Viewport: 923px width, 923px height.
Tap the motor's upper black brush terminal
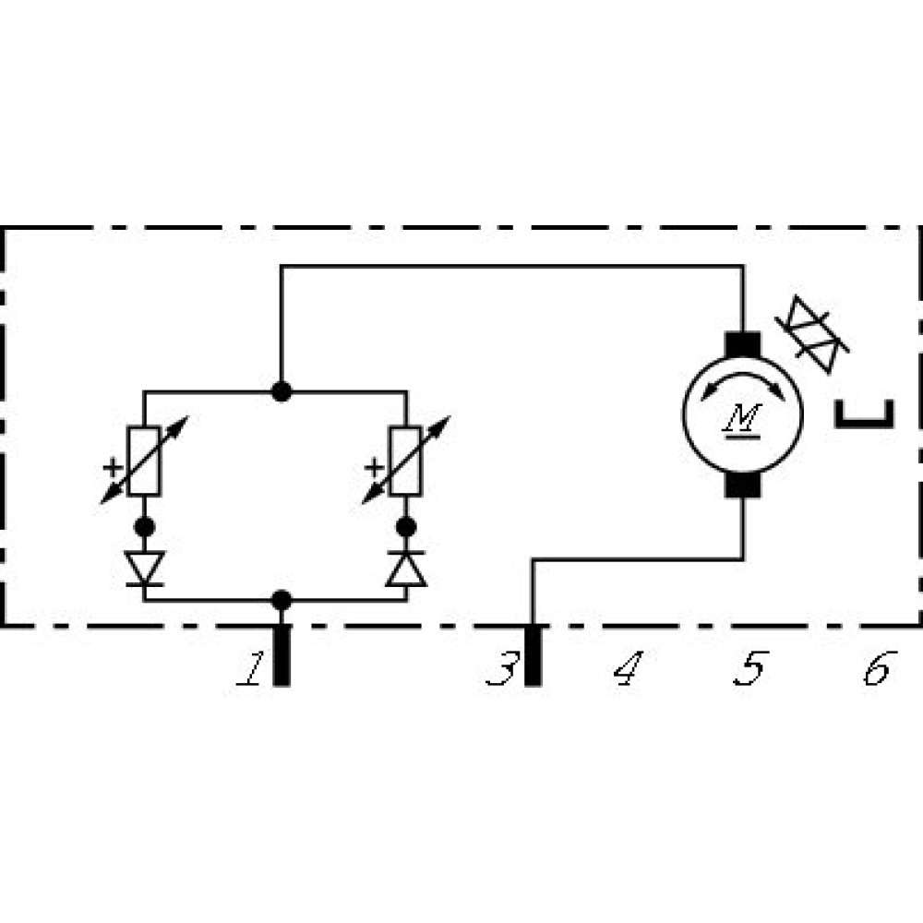click(x=742, y=343)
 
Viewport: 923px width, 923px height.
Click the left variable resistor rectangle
click(x=145, y=461)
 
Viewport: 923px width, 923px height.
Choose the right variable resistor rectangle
click(x=406, y=461)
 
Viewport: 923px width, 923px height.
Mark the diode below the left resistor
click(x=145, y=569)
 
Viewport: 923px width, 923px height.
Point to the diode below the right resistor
click(x=406, y=569)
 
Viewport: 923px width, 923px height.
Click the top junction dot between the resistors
click(x=282, y=391)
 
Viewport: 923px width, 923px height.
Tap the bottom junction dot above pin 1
click(x=282, y=600)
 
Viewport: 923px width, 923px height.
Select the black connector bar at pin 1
click(x=282, y=655)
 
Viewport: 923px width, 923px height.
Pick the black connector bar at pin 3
click(x=533, y=655)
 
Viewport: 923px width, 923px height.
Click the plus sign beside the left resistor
click(x=112, y=467)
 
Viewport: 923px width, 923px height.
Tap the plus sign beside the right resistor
click(x=373, y=467)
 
